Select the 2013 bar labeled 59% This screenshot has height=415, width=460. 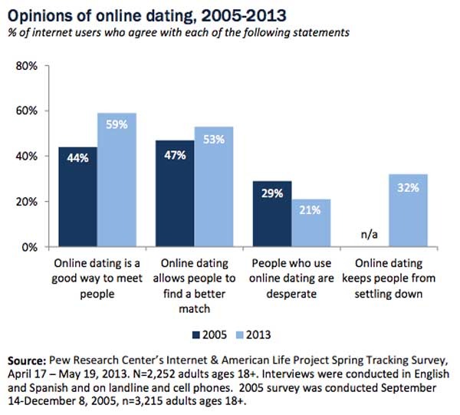tap(117, 180)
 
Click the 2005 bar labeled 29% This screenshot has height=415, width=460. tap(272, 214)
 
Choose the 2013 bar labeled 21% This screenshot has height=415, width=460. tap(311, 223)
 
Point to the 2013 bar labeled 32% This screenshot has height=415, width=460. tap(409, 211)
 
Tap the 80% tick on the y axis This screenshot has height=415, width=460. tap(27, 66)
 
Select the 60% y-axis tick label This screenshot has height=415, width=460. tap(27, 111)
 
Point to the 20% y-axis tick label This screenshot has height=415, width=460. tap(27, 202)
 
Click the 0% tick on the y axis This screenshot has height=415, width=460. tap(30, 247)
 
